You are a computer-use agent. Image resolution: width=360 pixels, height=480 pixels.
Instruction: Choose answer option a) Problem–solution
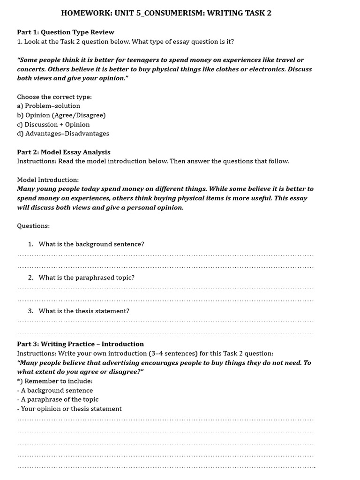pyautogui.click(x=49, y=106)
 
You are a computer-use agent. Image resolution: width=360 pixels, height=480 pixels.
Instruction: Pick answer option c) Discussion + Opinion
pyautogui.click(x=53, y=125)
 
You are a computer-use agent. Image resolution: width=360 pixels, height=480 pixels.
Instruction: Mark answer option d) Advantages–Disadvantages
pyautogui.click(x=63, y=134)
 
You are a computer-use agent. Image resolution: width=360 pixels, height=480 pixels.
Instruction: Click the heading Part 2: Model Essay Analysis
pyautogui.click(x=64, y=152)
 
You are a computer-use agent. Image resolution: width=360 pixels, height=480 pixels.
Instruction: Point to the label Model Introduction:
pyautogui.click(x=48, y=180)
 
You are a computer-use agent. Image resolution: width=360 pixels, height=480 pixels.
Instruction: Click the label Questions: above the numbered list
pyautogui.click(x=33, y=226)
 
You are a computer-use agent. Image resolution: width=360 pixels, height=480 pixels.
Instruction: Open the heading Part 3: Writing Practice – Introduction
pyautogui.click(x=81, y=344)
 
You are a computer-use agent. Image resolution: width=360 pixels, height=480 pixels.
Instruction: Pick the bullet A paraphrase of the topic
pyautogui.click(x=58, y=399)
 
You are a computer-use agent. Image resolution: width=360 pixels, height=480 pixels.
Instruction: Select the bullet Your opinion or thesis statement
pyautogui.click(x=69, y=409)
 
